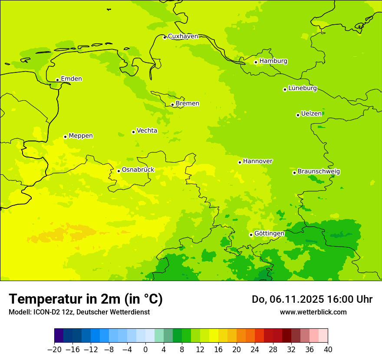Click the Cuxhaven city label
183,36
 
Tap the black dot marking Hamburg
256,62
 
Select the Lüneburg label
302,88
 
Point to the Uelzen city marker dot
298,115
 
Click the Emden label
71,79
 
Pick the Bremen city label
187,103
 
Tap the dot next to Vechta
133,132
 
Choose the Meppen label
80,136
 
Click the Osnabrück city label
138,170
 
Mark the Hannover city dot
240,162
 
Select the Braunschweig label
319,172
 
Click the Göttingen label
269,233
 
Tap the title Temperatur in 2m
86,299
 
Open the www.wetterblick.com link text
313,312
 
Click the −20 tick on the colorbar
54,350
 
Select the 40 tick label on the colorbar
328,350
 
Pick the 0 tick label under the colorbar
145,350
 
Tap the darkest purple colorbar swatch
59,336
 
